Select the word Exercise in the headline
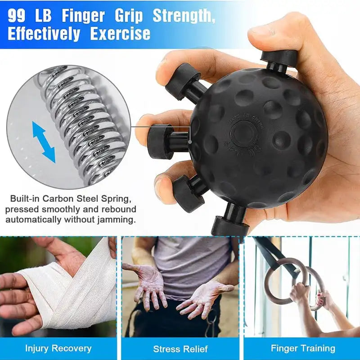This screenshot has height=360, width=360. (x=120, y=34)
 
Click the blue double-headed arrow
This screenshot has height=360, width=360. (x=44, y=142)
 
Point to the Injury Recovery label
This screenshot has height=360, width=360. (x=58, y=348)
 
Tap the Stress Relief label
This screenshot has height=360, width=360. (x=180, y=349)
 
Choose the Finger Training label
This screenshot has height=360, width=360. (x=302, y=348)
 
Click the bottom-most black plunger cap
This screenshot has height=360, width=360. (x=230, y=225)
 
